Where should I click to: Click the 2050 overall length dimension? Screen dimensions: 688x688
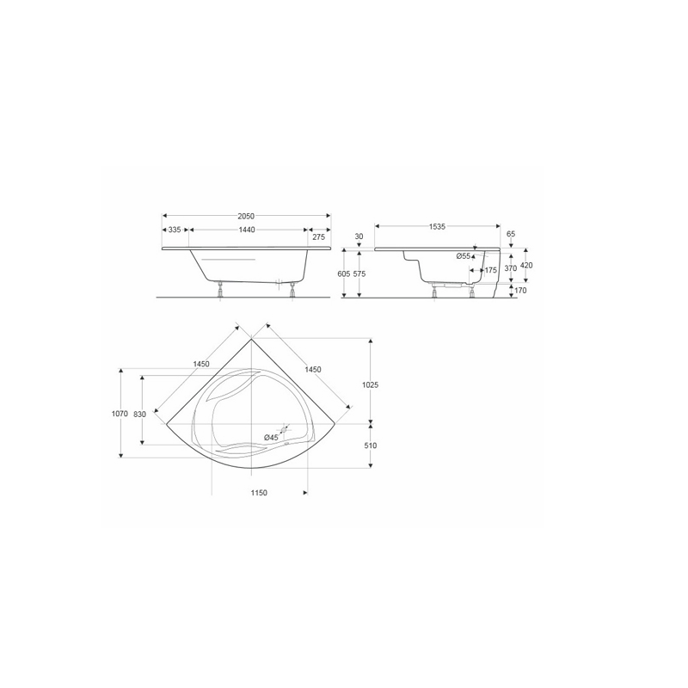tap(246, 216)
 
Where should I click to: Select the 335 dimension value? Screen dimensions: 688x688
tap(175, 230)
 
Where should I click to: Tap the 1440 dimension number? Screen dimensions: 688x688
tap(247, 230)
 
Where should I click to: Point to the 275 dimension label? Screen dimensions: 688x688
tap(319, 237)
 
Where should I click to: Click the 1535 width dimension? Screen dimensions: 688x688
tap(437, 226)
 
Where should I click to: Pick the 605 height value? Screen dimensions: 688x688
tap(345, 273)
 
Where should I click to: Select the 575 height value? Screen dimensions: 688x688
tap(359, 273)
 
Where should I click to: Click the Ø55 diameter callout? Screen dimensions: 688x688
tap(463, 256)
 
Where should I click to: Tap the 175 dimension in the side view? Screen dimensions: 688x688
tap(490, 270)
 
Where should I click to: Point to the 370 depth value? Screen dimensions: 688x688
tap(511, 268)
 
